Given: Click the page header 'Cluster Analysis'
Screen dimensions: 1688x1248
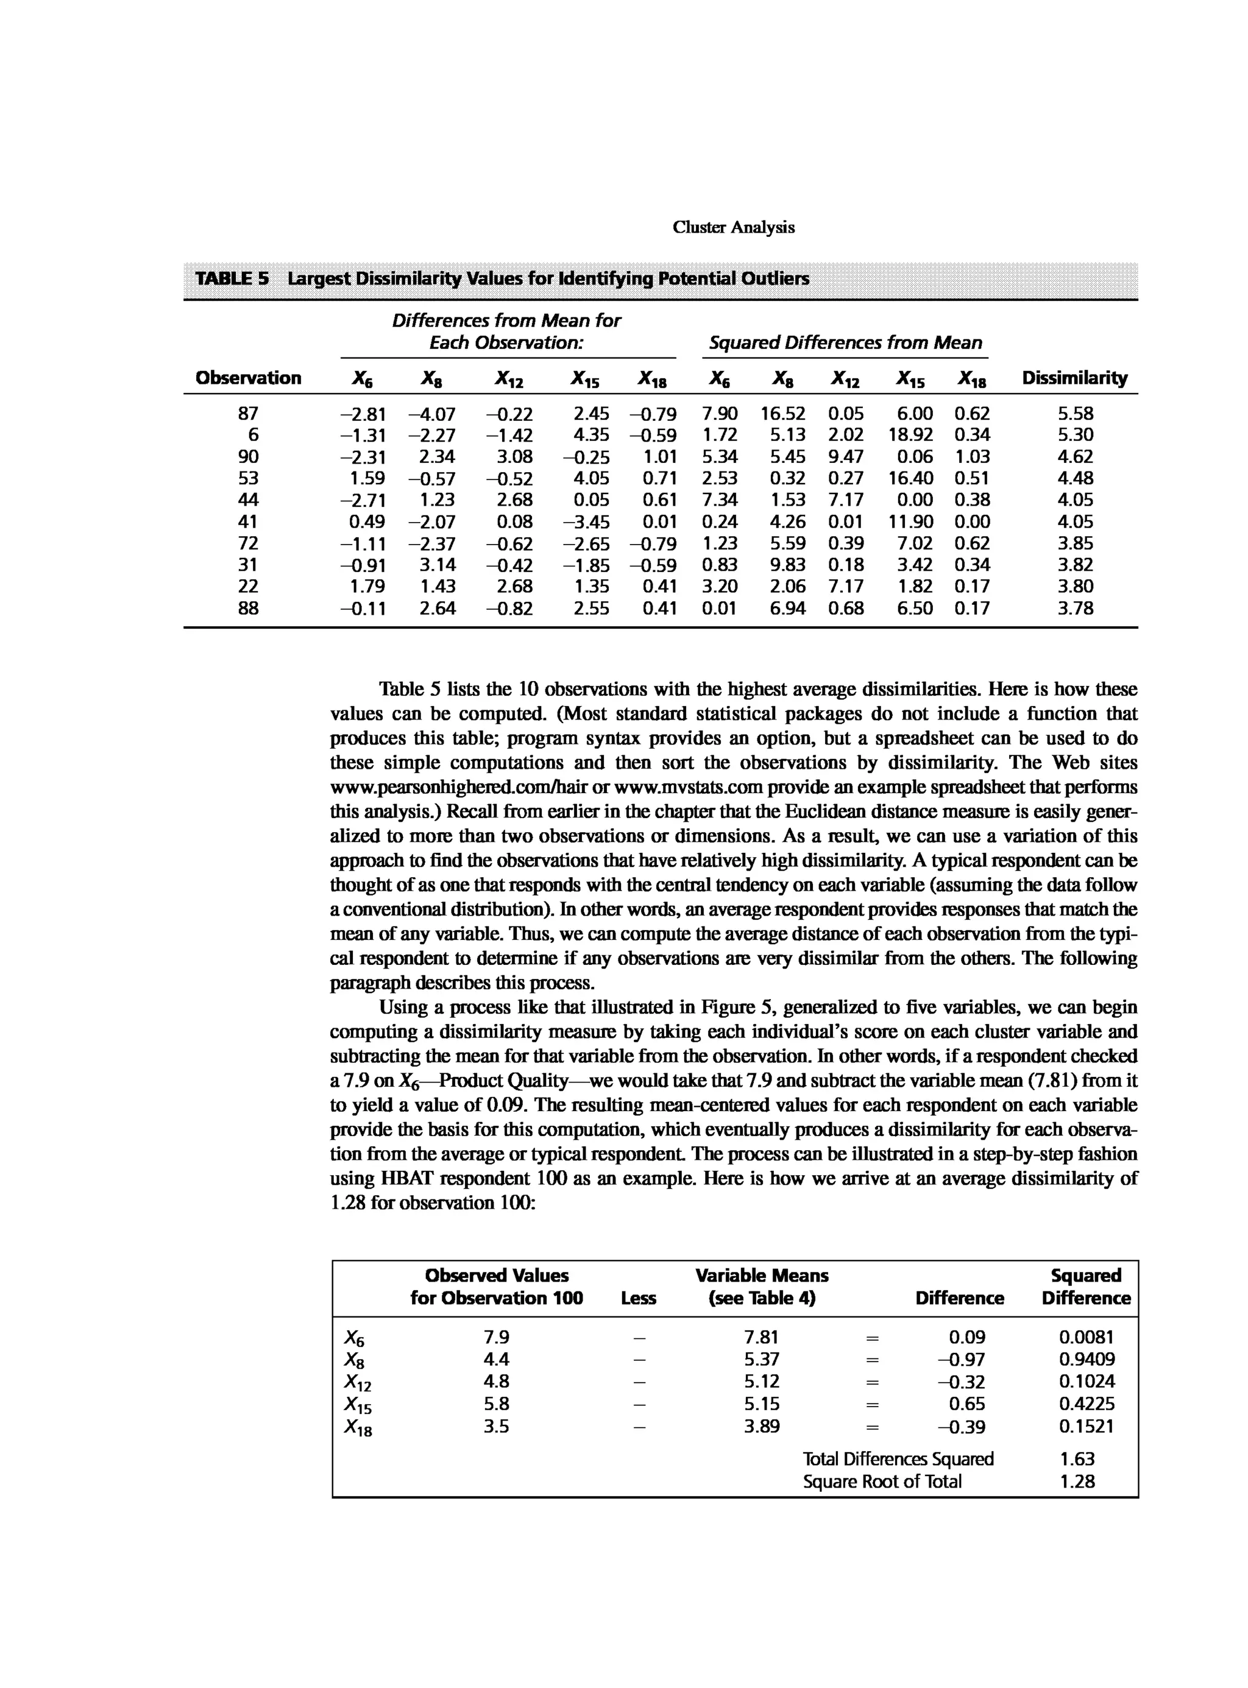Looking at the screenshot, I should click(733, 227).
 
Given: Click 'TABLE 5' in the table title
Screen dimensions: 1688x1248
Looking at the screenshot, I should click(232, 278).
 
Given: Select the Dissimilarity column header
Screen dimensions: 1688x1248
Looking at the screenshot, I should click(1074, 378).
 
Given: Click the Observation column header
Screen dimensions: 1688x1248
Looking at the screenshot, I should click(248, 378).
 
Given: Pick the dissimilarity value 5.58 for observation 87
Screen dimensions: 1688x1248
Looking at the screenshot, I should click(1075, 414).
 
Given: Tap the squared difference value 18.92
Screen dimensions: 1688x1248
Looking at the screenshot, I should click(910, 435).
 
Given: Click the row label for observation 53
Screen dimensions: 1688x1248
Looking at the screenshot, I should click(248, 478).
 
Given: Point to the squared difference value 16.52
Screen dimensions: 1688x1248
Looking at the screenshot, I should click(782, 414).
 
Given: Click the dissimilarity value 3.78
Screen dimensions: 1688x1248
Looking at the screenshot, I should click(1075, 609).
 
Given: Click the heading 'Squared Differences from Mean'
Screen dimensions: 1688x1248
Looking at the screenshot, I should click(845, 343).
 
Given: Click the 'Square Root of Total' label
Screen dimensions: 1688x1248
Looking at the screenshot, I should click(882, 1482).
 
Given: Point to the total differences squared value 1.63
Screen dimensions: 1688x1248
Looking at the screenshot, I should click(1077, 1459).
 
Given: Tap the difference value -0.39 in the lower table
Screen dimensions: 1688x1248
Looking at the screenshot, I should click(961, 1427).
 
